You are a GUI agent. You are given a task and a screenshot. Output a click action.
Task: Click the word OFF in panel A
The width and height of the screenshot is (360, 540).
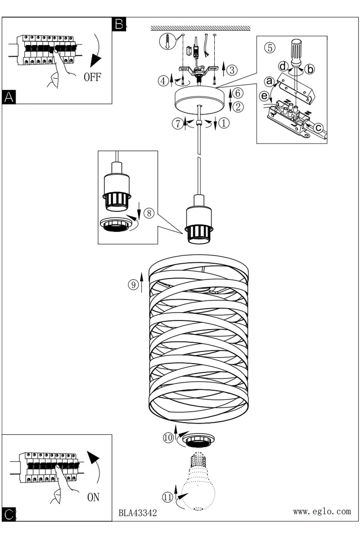click(x=93, y=77)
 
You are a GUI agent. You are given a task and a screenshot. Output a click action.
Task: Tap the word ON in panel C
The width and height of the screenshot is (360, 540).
click(x=93, y=497)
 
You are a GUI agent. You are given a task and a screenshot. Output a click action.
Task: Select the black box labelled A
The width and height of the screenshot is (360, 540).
click(x=9, y=97)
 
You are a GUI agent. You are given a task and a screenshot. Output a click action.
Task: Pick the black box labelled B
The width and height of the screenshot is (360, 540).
click(x=119, y=24)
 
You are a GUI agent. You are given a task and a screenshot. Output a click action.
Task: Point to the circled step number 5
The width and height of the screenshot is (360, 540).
click(x=270, y=48)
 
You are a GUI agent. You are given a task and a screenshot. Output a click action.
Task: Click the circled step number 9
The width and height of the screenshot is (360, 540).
click(x=133, y=285)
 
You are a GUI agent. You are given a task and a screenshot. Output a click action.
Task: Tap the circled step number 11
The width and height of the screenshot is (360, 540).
click(x=168, y=497)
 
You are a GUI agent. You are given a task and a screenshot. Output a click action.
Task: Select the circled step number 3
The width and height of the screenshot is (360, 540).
click(x=232, y=70)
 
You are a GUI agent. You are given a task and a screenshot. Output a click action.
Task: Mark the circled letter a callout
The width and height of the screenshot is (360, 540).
click(x=269, y=81)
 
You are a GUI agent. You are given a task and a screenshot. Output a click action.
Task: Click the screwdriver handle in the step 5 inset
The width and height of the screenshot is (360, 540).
click(x=297, y=51)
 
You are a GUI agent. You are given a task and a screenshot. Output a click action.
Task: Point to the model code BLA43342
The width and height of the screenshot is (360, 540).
click(x=138, y=513)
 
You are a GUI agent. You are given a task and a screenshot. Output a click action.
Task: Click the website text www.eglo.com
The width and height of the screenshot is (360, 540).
click(x=322, y=511)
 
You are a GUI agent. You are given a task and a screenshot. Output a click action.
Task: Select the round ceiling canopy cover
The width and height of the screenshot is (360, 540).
click(x=199, y=100)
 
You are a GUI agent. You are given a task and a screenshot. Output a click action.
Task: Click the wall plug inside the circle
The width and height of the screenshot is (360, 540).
click(x=168, y=41)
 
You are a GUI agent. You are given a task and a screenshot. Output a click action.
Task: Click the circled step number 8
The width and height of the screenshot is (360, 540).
click(x=149, y=213)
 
